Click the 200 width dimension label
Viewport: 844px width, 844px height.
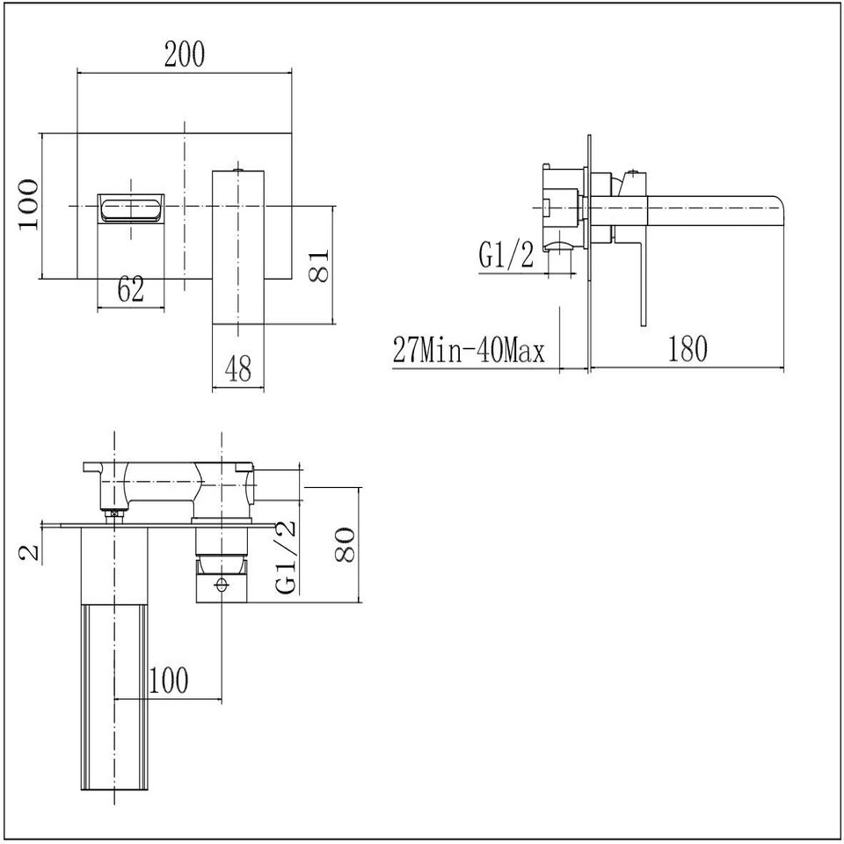point(184,55)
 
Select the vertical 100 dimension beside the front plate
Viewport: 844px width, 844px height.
point(28,203)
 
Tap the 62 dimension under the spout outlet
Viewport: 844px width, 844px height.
point(130,288)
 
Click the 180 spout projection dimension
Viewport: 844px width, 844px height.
point(687,349)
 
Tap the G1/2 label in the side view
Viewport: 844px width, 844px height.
point(506,256)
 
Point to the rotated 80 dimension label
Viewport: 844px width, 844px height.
point(344,545)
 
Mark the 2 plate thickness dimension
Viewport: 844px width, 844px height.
point(30,551)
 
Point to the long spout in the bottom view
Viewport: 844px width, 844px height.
point(113,668)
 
